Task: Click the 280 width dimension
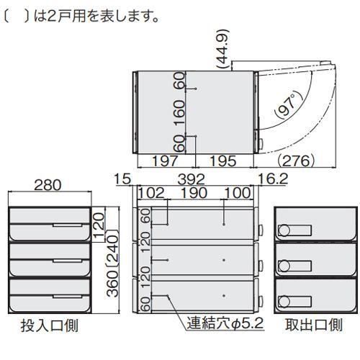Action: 48,185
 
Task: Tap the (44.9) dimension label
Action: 222,49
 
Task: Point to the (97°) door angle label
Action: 289,105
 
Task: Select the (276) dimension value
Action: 296,161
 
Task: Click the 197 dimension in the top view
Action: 166,161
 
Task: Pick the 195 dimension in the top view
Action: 223,161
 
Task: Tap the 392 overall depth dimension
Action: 192,179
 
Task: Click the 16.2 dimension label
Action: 273,179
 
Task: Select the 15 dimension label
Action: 122,179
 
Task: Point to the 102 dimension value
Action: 151,193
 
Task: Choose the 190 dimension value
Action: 194,193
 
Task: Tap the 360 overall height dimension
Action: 112,284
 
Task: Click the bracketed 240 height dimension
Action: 112,248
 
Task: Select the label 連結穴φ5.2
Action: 225,323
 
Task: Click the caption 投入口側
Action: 50,325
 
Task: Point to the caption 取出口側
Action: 314,325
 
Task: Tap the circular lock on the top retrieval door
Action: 284,230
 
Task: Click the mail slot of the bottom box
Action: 68,297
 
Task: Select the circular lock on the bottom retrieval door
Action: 284,302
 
